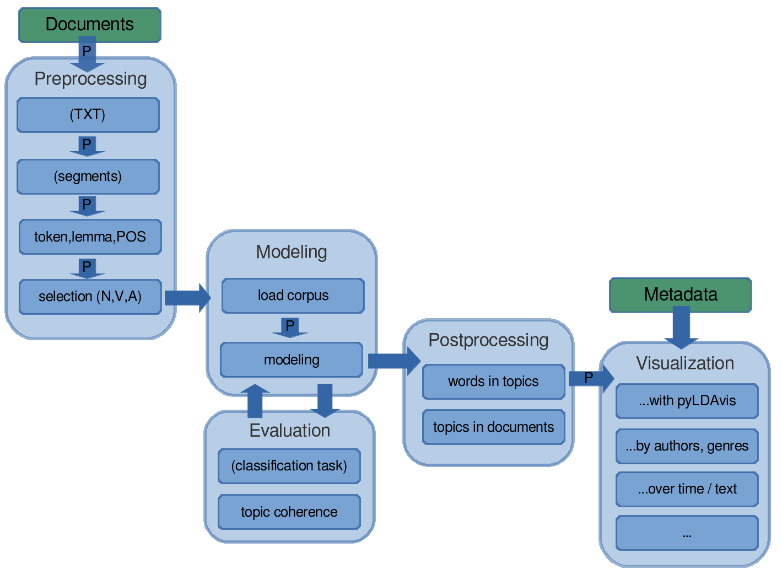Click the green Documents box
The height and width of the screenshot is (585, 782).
(x=90, y=25)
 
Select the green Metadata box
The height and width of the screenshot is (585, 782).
(x=681, y=295)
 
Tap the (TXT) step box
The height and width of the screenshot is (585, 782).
(x=88, y=115)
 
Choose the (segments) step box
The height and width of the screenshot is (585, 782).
(x=88, y=176)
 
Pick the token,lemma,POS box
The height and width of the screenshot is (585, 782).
(x=90, y=237)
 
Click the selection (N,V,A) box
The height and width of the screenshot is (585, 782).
(x=90, y=297)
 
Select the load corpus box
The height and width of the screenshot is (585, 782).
(x=293, y=296)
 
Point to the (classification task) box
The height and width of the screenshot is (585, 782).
(x=289, y=466)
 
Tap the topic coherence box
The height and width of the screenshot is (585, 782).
(x=289, y=512)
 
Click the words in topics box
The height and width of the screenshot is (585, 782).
(x=493, y=382)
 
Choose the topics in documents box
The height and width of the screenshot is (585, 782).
(x=493, y=427)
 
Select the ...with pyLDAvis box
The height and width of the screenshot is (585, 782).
(x=687, y=401)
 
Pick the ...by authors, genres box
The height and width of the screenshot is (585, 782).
(x=687, y=446)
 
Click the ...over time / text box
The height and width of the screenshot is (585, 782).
(x=687, y=489)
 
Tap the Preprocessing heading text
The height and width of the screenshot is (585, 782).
(x=90, y=79)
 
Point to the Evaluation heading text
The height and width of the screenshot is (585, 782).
(x=290, y=431)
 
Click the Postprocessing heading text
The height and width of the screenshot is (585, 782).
(x=488, y=341)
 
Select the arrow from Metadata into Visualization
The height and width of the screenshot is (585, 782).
(x=681, y=328)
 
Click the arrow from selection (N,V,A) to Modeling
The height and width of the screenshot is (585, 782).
(x=188, y=298)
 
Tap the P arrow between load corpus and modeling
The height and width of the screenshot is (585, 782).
(x=290, y=328)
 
